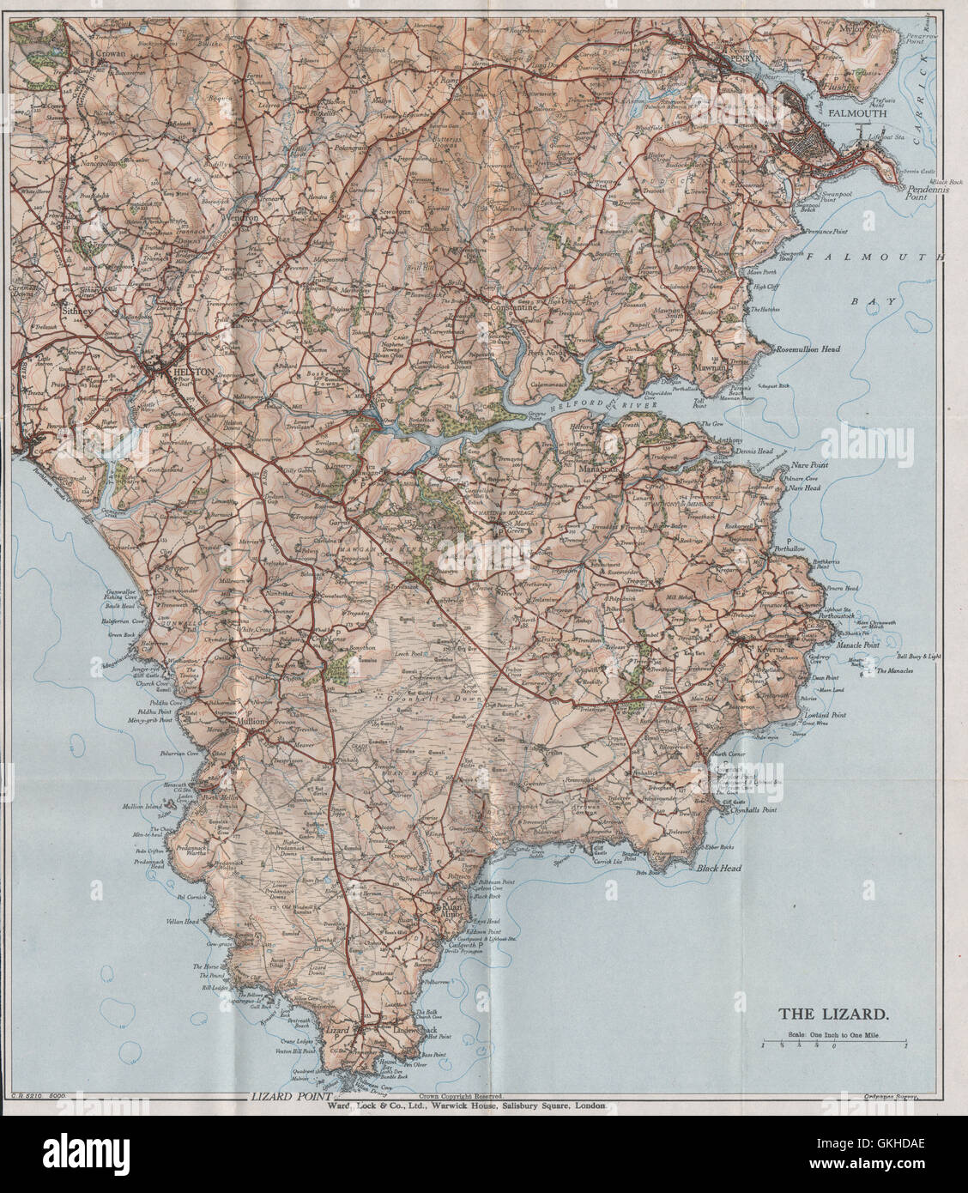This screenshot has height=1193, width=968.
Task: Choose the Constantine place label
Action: [512, 306]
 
